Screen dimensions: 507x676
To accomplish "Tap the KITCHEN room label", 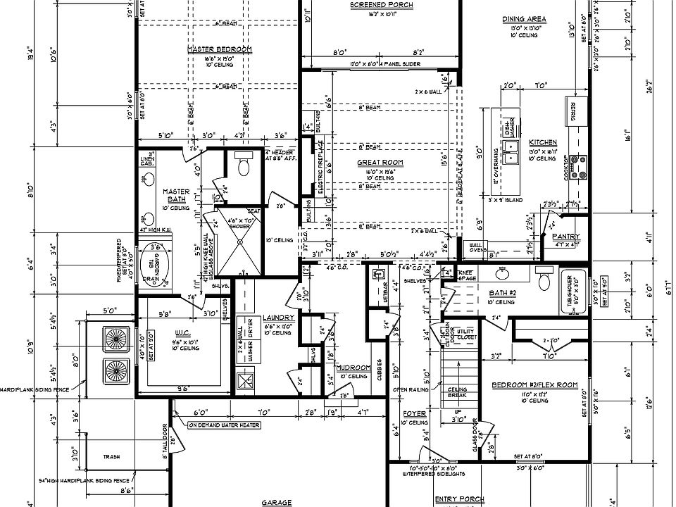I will point(543,142).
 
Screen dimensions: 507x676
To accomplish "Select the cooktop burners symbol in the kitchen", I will point(582,167).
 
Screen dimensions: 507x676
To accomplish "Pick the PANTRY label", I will point(566,237).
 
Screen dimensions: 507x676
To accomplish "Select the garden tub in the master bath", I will point(154,266).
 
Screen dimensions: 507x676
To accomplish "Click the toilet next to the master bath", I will point(244,165).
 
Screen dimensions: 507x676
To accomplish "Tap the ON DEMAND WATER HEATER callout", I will point(223,425).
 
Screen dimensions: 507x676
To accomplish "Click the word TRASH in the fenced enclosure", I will point(112,456).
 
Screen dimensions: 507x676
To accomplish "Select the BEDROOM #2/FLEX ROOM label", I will point(534,385).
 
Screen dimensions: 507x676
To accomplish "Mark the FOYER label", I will point(415,414).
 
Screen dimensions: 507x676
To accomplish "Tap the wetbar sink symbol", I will point(378,273).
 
